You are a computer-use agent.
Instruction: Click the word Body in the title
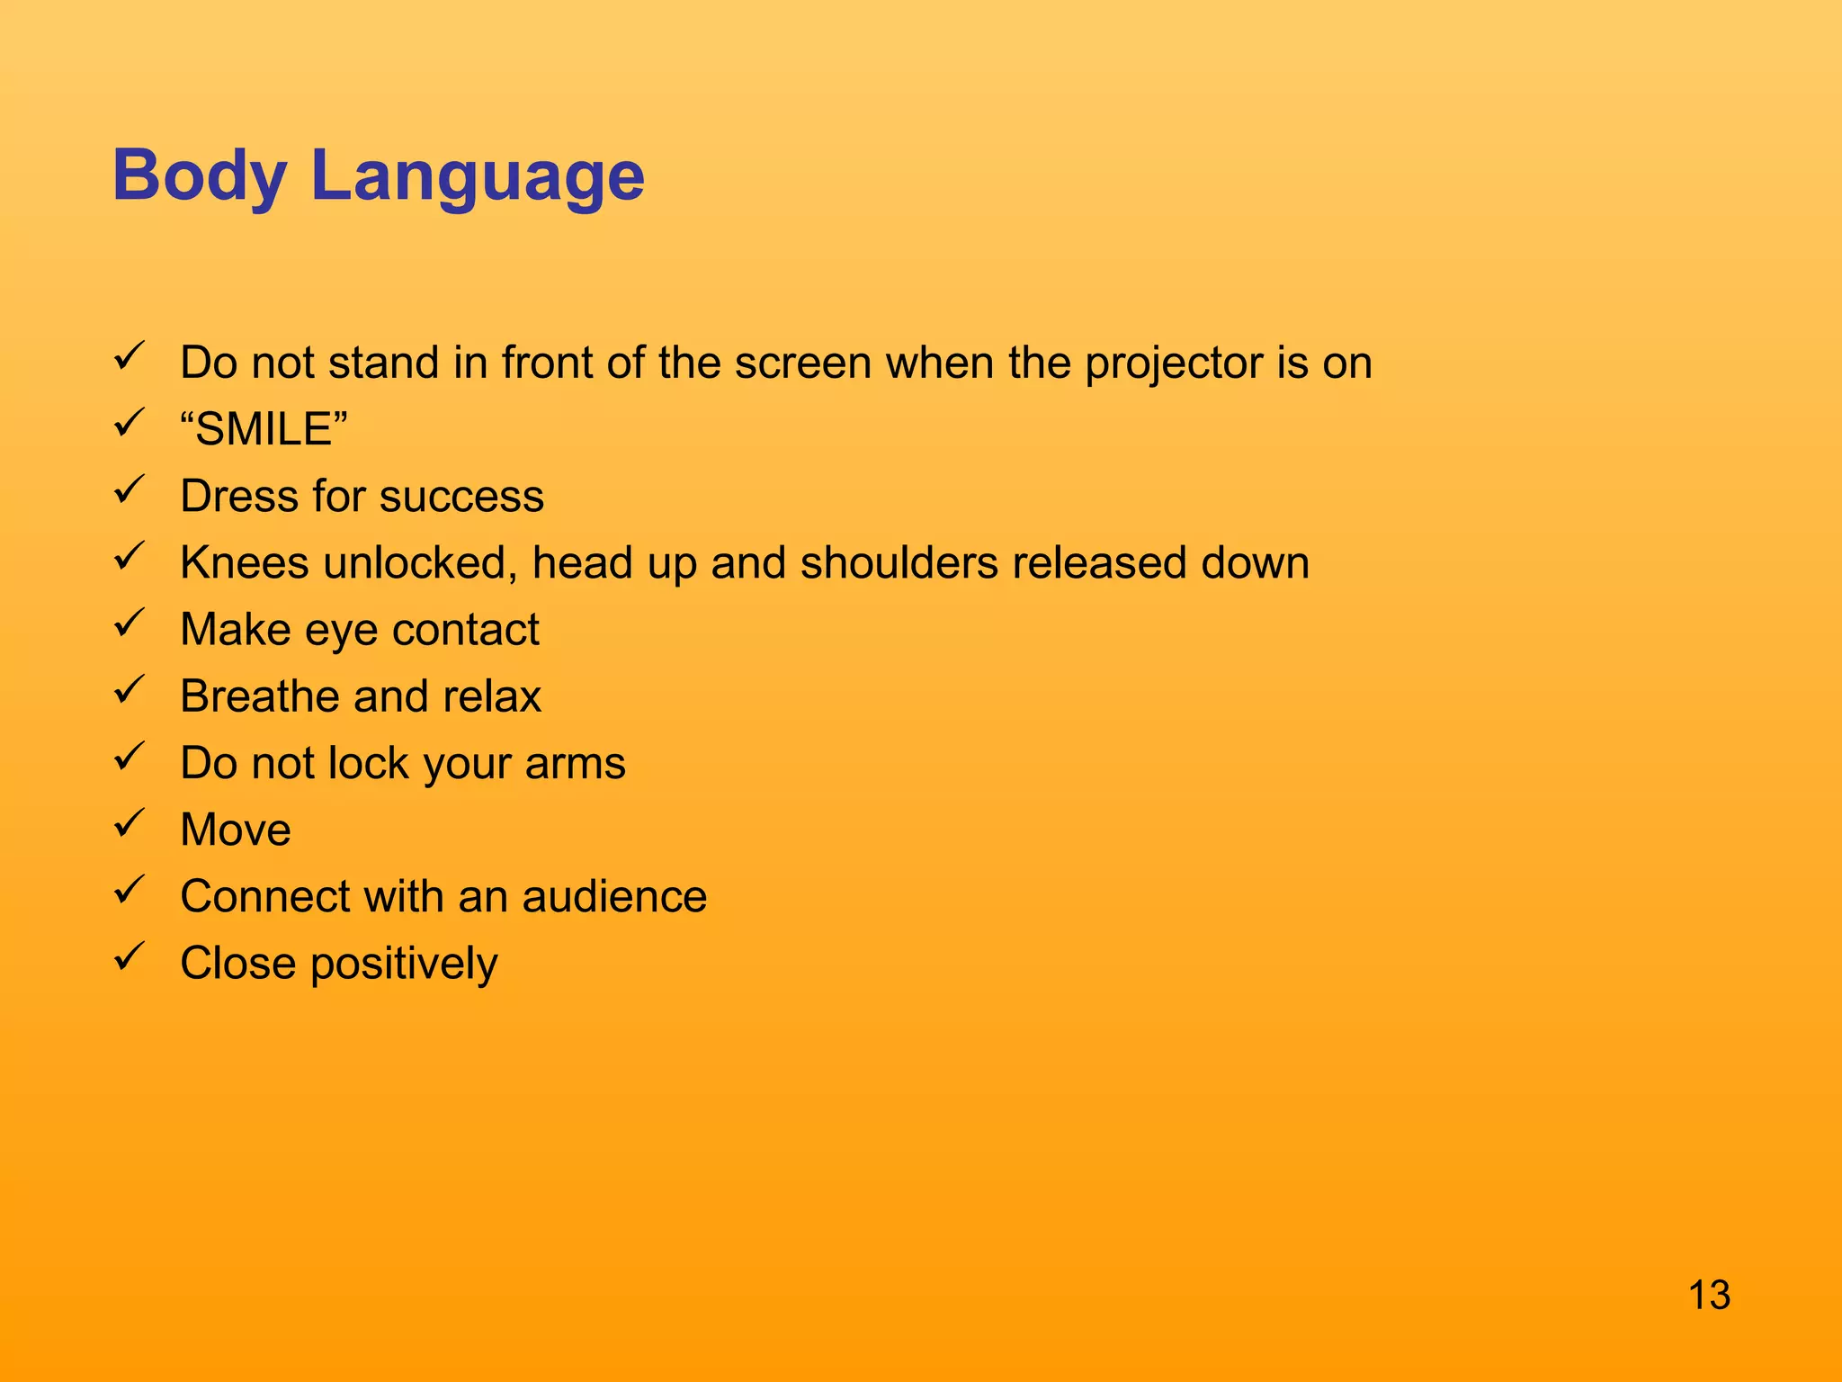tap(199, 175)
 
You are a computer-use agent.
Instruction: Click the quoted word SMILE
tap(264, 429)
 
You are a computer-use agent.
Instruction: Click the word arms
tap(575, 764)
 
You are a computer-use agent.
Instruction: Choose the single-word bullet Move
tap(236, 830)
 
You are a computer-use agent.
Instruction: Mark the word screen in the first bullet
tap(802, 363)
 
